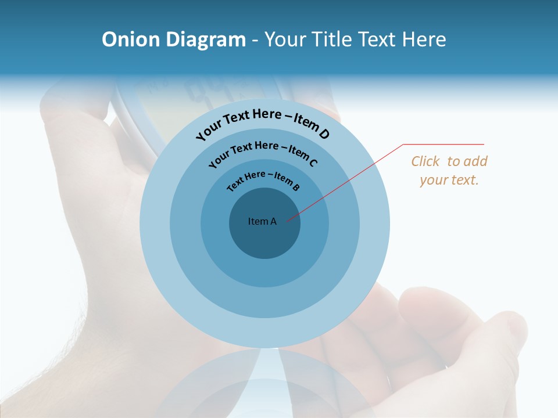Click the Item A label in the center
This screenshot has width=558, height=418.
coord(262,221)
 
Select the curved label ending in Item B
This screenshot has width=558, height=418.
coord(263,179)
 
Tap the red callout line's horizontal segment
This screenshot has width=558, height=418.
coord(443,144)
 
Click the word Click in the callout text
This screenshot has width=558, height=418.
coord(425,161)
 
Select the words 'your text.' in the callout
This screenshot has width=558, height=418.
coord(449,180)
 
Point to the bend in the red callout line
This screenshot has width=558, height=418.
coord(403,145)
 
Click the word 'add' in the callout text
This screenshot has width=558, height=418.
coord(475,161)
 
